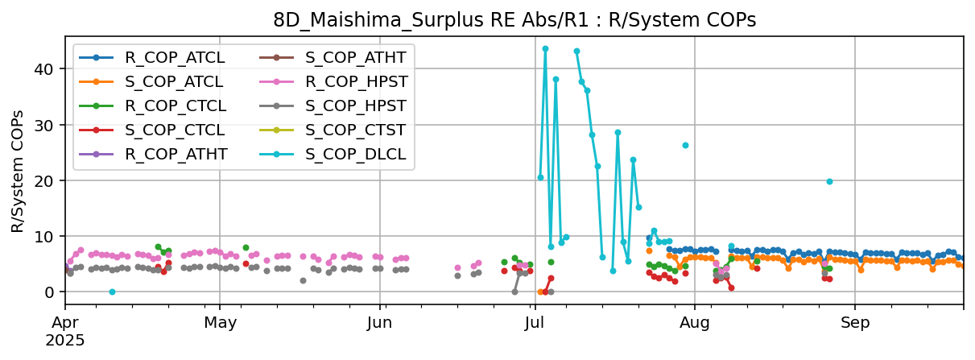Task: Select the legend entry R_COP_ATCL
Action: point(175,57)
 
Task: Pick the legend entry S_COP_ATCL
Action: point(175,81)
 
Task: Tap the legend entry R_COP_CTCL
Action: point(175,106)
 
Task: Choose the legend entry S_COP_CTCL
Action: point(175,130)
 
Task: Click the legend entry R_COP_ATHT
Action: point(175,154)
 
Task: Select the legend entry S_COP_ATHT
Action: point(356,57)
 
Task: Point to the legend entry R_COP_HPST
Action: point(356,81)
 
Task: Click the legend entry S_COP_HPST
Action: point(356,106)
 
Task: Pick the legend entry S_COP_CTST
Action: point(356,130)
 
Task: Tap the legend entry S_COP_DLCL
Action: point(356,154)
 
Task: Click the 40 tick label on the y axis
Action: point(48,69)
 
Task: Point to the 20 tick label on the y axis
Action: point(48,180)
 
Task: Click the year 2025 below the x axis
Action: point(65,340)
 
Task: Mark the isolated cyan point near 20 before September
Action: point(829,181)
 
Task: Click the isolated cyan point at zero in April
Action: point(112,292)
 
